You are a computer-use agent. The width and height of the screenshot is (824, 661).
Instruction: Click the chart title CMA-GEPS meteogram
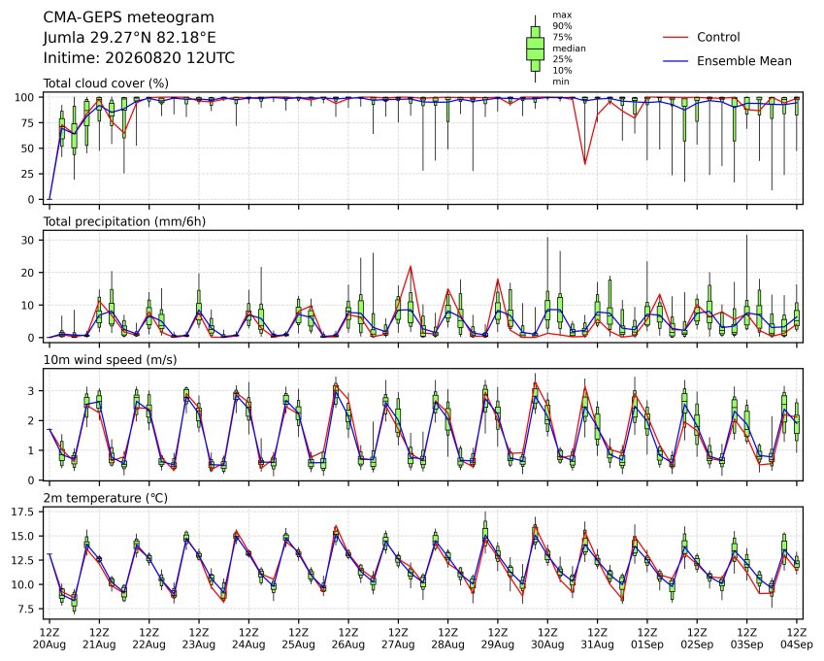[x=129, y=17]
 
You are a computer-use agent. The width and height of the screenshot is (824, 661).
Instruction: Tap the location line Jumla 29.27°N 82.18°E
[x=129, y=38]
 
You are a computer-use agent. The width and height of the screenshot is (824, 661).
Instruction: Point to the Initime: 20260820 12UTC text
[x=139, y=58]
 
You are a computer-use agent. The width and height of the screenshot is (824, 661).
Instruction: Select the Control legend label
[x=718, y=37]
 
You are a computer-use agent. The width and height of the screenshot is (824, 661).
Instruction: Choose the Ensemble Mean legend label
[x=744, y=61]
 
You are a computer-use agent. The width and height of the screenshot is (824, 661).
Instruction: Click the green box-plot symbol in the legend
[x=535, y=49]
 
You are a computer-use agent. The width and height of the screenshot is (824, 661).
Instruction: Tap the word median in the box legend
[x=569, y=49]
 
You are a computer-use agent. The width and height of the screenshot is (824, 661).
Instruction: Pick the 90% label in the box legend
[x=562, y=26]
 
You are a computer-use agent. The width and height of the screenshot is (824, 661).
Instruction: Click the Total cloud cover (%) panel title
[x=106, y=83]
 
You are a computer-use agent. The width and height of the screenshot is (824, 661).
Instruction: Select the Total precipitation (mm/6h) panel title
[x=124, y=221]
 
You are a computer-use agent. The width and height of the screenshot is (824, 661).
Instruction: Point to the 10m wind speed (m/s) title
[x=110, y=360]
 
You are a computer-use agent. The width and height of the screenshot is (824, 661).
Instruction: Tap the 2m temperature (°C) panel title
[x=105, y=498]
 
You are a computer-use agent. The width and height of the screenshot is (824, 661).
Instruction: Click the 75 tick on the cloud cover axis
[x=28, y=123]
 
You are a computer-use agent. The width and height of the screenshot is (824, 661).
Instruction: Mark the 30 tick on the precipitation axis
[x=28, y=240]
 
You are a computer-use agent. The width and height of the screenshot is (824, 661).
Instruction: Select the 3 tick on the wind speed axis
[x=31, y=391]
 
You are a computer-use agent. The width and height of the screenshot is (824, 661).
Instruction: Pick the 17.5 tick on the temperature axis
[x=23, y=512]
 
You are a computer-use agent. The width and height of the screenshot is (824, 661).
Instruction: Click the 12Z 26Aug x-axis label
[x=347, y=639]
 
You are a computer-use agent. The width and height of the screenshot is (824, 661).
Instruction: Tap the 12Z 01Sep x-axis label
[x=647, y=639]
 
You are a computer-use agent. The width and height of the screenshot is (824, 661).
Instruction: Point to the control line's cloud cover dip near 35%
[x=585, y=164]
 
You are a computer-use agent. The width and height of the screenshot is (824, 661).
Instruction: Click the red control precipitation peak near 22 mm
[x=411, y=266]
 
